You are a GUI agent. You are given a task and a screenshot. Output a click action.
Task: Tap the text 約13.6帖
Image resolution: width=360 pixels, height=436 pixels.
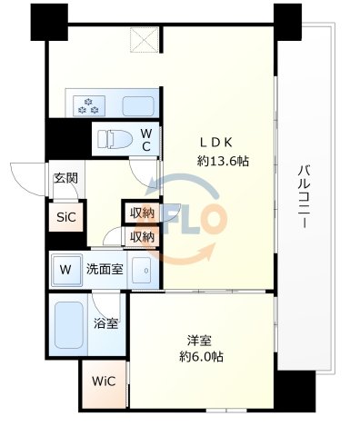point(223,161)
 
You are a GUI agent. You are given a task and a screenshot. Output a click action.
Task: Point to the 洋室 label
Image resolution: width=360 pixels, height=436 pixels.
point(200,341)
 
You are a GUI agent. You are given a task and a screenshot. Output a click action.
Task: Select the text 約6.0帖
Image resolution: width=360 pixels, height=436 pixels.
point(200,357)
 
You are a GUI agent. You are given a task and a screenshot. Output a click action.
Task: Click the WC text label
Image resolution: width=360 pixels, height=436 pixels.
point(145,141)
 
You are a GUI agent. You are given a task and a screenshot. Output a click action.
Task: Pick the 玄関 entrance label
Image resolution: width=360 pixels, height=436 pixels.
point(65,179)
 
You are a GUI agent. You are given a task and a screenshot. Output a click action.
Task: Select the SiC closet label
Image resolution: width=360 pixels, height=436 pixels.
point(65,218)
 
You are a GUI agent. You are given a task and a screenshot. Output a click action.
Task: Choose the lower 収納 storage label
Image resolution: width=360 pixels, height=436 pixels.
point(141,236)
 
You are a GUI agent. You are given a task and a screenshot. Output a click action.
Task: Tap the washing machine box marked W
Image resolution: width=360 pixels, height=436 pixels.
point(65,269)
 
